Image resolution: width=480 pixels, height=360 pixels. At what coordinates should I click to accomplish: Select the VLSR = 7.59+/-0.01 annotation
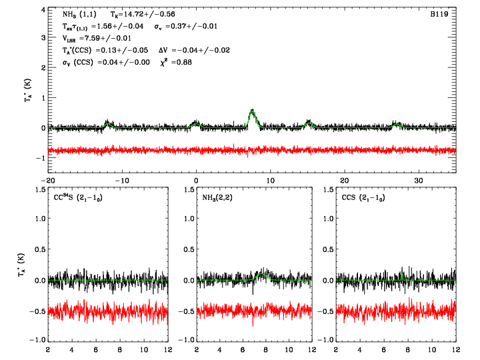point(95,38)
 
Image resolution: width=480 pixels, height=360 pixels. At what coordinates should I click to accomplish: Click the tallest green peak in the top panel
point(252,111)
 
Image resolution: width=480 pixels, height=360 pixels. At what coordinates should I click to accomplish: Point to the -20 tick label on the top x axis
point(47,181)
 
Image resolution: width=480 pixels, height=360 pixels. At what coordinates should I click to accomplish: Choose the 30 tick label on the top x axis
point(419,181)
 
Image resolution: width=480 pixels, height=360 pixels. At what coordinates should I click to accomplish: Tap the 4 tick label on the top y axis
point(42,9)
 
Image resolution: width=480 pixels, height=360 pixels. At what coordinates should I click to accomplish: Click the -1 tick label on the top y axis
point(40,158)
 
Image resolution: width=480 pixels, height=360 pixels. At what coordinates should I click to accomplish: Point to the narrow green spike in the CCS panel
point(402,273)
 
